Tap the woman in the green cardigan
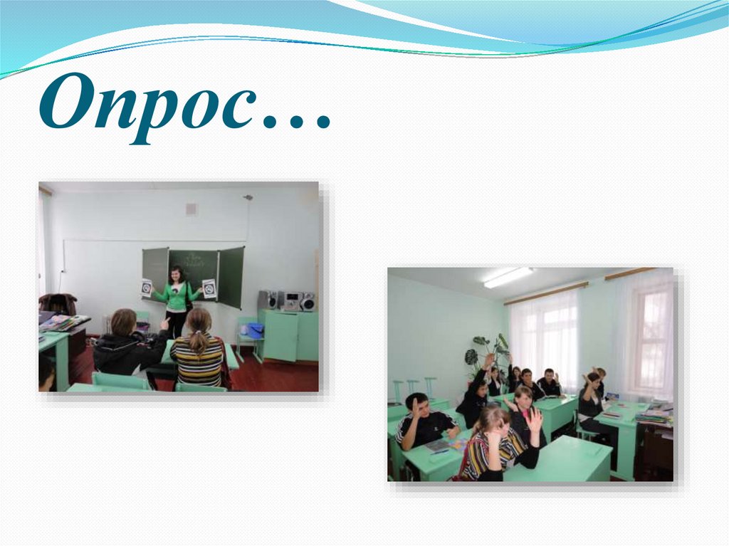point(176,299)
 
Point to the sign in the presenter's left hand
point(209,288)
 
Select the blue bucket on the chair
point(255,330)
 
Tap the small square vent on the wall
point(191,209)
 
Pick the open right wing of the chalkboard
point(231,277)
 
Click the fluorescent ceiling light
point(508,277)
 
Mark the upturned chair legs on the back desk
point(414,389)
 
